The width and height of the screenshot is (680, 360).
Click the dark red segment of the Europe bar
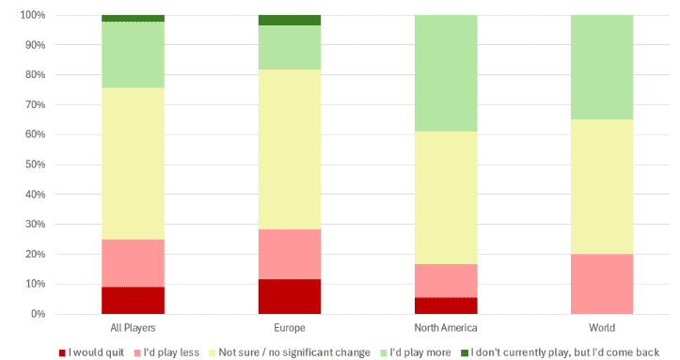click(290, 297)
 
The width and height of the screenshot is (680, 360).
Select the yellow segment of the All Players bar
click(134, 164)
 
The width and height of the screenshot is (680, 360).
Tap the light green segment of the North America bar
click(446, 73)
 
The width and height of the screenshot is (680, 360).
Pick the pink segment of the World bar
click(602, 284)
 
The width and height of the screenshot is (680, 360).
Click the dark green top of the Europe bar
click(290, 21)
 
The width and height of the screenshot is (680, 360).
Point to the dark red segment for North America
click(446, 305)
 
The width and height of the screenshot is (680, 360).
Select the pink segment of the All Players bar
click(134, 263)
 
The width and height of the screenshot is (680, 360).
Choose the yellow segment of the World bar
click(602, 187)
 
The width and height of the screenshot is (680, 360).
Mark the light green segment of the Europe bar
click(290, 48)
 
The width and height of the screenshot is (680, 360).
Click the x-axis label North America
click(446, 327)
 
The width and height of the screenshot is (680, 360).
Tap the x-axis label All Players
click(133, 327)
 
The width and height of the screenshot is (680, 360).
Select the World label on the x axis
click(602, 327)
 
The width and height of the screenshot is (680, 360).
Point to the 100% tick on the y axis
click(33, 15)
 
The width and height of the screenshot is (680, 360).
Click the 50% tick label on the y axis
click(35, 164)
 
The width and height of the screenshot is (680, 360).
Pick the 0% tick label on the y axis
click(38, 314)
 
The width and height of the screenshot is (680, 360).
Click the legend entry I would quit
click(91, 352)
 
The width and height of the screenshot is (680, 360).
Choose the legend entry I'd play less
click(166, 352)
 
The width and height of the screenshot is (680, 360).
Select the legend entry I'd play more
click(416, 352)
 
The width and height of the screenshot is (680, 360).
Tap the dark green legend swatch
click(465, 353)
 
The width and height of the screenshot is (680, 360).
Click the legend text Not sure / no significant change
click(294, 352)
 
